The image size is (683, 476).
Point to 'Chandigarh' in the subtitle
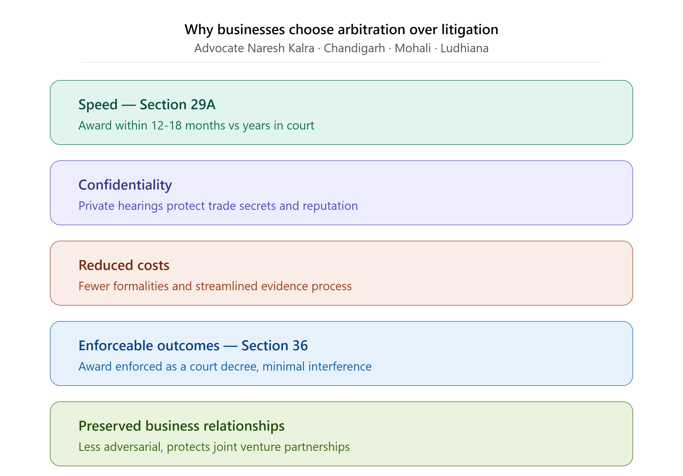[x=354, y=48]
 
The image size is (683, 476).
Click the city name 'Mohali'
[x=413, y=48]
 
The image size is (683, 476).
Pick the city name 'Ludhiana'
[x=464, y=48]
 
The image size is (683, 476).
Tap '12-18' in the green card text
[x=166, y=126]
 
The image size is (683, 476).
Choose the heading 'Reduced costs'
[x=124, y=265]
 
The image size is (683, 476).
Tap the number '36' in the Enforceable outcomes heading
[x=300, y=346]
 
